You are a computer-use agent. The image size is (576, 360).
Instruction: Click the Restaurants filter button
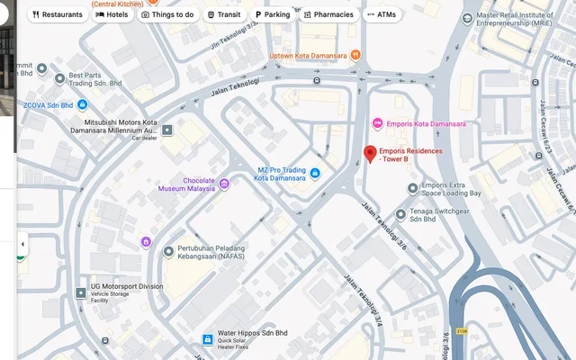[58, 14]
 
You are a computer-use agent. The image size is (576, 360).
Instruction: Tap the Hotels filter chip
[112, 14]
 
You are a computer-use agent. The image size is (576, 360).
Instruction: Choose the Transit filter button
[223, 14]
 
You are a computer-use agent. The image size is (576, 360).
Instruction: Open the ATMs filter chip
[382, 14]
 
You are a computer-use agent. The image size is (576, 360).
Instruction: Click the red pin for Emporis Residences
[369, 154]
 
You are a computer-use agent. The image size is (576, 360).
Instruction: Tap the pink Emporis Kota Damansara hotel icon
[378, 123]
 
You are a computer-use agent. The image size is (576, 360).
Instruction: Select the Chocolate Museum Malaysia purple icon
[224, 184]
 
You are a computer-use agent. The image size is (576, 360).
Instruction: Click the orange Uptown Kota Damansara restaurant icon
[356, 55]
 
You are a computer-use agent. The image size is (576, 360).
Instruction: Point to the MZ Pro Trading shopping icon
[316, 174]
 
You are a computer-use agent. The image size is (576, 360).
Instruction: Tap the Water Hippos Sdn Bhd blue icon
[207, 338]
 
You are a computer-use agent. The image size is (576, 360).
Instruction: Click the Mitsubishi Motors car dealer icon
[167, 130]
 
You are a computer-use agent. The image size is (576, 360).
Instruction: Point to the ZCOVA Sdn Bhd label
[48, 104]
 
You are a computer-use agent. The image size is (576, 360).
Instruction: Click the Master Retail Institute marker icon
[466, 18]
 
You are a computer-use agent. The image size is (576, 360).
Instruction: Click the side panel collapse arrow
[22, 244]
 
